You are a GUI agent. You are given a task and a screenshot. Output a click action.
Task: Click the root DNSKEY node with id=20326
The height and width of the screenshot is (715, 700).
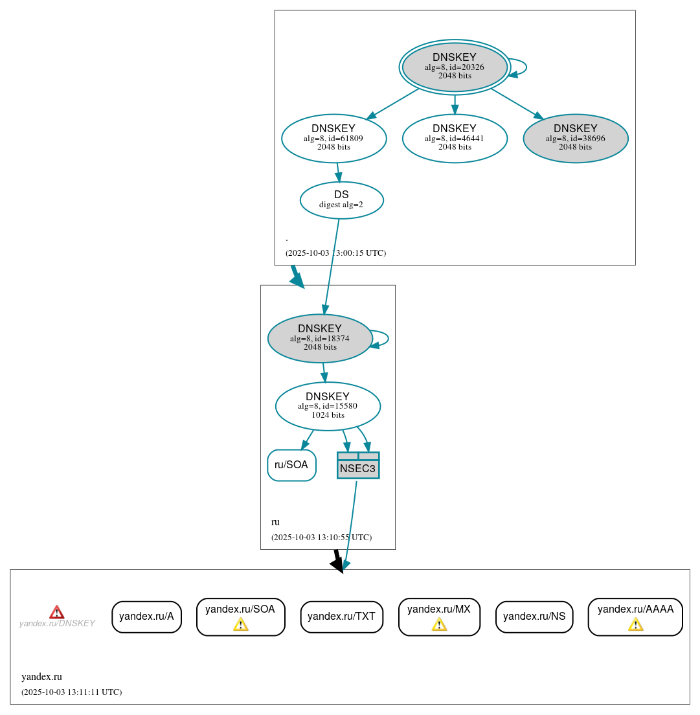[455, 67]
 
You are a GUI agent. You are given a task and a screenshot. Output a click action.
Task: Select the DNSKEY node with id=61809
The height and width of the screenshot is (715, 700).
[333, 138]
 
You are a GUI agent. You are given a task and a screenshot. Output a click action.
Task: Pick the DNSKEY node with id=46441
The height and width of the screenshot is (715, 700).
[454, 138]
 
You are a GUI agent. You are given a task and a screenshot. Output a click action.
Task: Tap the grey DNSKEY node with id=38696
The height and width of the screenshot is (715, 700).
[575, 138]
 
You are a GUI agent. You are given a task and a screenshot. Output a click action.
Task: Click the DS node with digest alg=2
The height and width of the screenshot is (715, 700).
[341, 200]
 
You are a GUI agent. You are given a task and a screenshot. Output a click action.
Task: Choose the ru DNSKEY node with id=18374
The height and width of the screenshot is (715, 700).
[320, 338]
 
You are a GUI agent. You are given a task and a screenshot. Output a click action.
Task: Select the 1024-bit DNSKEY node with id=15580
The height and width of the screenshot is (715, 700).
[328, 406]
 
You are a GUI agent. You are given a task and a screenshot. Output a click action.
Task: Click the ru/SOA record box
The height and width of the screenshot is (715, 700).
[291, 465]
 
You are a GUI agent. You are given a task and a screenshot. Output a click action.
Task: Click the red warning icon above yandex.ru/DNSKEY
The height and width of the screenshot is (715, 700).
[57, 612]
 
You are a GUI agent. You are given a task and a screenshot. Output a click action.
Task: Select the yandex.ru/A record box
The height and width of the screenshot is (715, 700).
[146, 617]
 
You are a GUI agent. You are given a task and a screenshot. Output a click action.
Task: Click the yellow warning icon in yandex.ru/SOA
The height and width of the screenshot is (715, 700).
[240, 624]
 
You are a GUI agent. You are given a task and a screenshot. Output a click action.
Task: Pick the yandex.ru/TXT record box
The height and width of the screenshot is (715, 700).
[341, 617]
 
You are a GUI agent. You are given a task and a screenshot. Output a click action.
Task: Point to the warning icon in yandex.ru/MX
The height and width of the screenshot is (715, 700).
[439, 624]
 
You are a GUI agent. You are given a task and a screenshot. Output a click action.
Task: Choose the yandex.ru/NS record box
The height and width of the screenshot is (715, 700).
[534, 617]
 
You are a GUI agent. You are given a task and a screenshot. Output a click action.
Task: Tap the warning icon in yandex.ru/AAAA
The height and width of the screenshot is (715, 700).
[635, 624]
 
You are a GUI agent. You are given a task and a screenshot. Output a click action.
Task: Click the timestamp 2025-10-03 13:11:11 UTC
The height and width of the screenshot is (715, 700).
[71, 692]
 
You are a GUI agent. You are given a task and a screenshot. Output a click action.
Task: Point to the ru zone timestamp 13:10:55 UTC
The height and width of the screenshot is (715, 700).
[321, 538]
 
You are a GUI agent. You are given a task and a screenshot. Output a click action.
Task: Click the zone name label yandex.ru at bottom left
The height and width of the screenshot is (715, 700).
[41, 677]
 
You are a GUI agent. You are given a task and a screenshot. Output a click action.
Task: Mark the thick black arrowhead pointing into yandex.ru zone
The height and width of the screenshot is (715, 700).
[337, 565]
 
